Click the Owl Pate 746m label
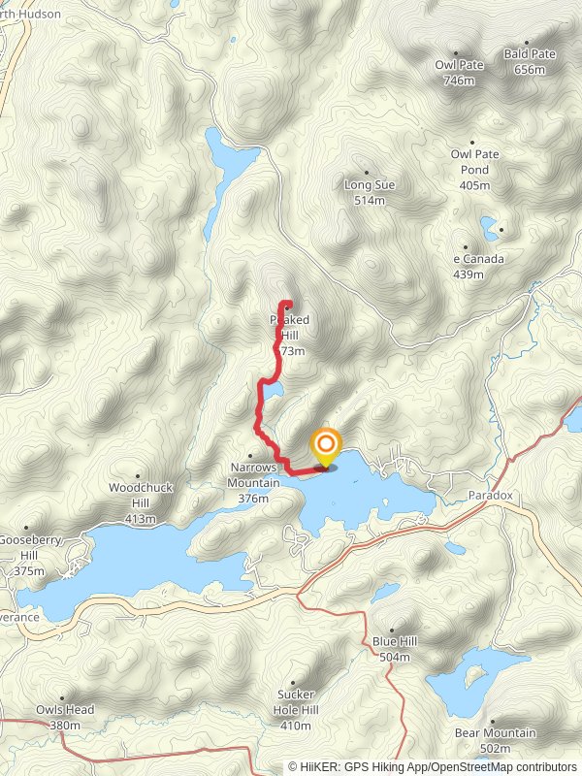459,73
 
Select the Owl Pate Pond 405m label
474,169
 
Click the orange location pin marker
325,447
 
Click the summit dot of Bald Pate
527,43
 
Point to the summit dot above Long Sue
366,172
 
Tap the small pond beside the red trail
274,390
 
